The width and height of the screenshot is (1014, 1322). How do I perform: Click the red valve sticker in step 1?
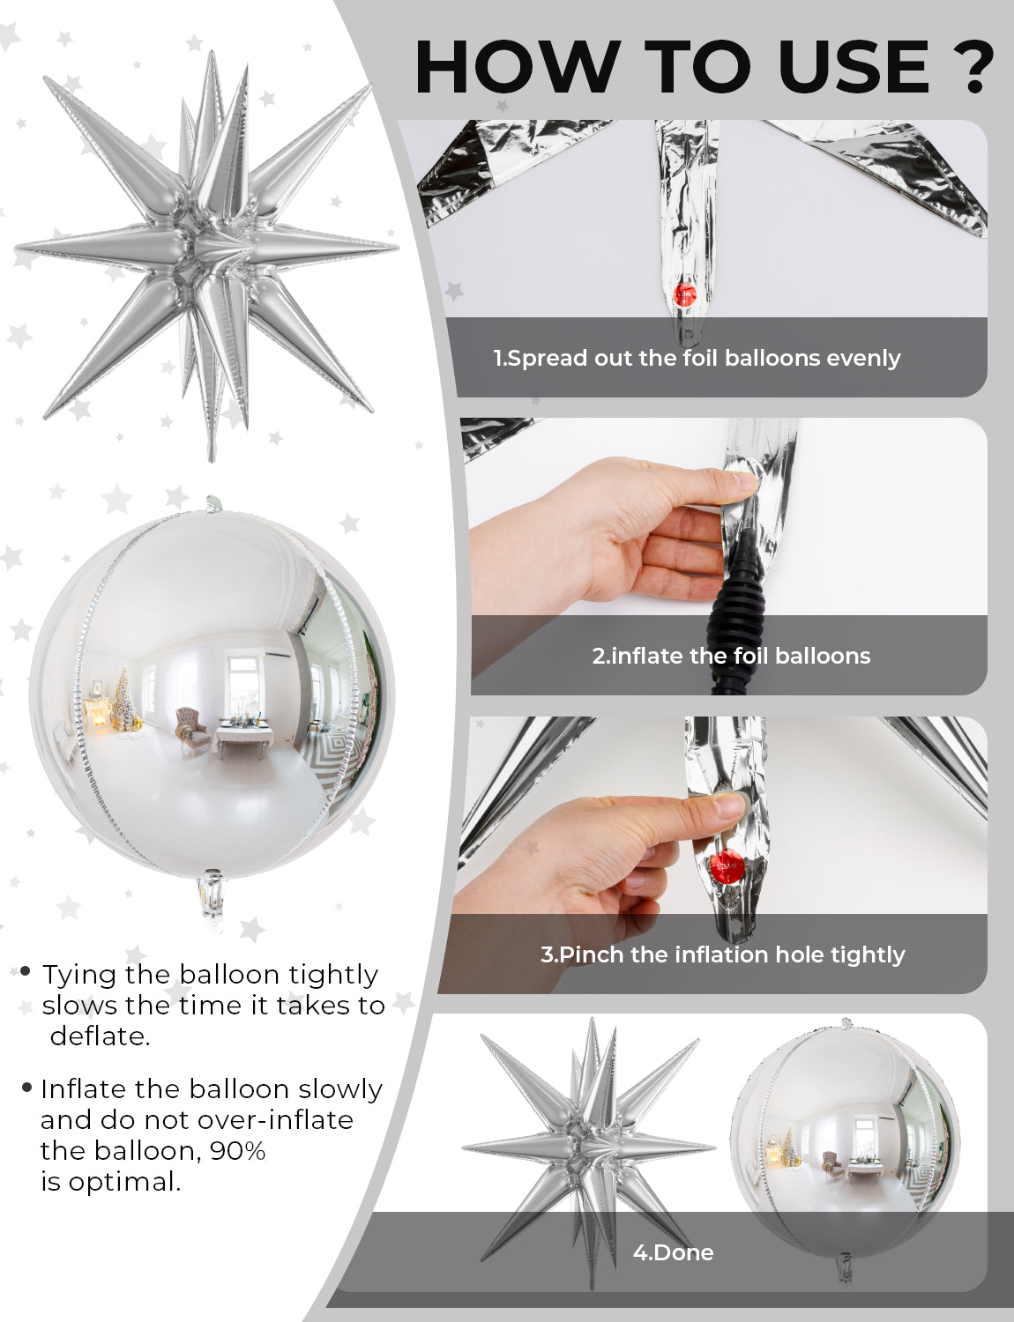[685, 295]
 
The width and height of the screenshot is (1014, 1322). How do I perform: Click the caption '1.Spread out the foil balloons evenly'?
[697, 358]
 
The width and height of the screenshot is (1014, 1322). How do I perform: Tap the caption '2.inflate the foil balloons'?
[731, 656]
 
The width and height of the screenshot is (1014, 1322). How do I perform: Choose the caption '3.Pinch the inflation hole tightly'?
[723, 954]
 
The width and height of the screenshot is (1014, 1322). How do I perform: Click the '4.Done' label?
[673, 1252]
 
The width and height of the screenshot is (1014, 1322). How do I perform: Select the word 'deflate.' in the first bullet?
[101, 1036]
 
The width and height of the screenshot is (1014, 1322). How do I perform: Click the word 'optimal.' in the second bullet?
[124, 1182]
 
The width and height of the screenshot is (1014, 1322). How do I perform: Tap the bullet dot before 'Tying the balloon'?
[26, 971]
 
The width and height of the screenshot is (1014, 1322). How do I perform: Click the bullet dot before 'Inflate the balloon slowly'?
[26, 1086]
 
